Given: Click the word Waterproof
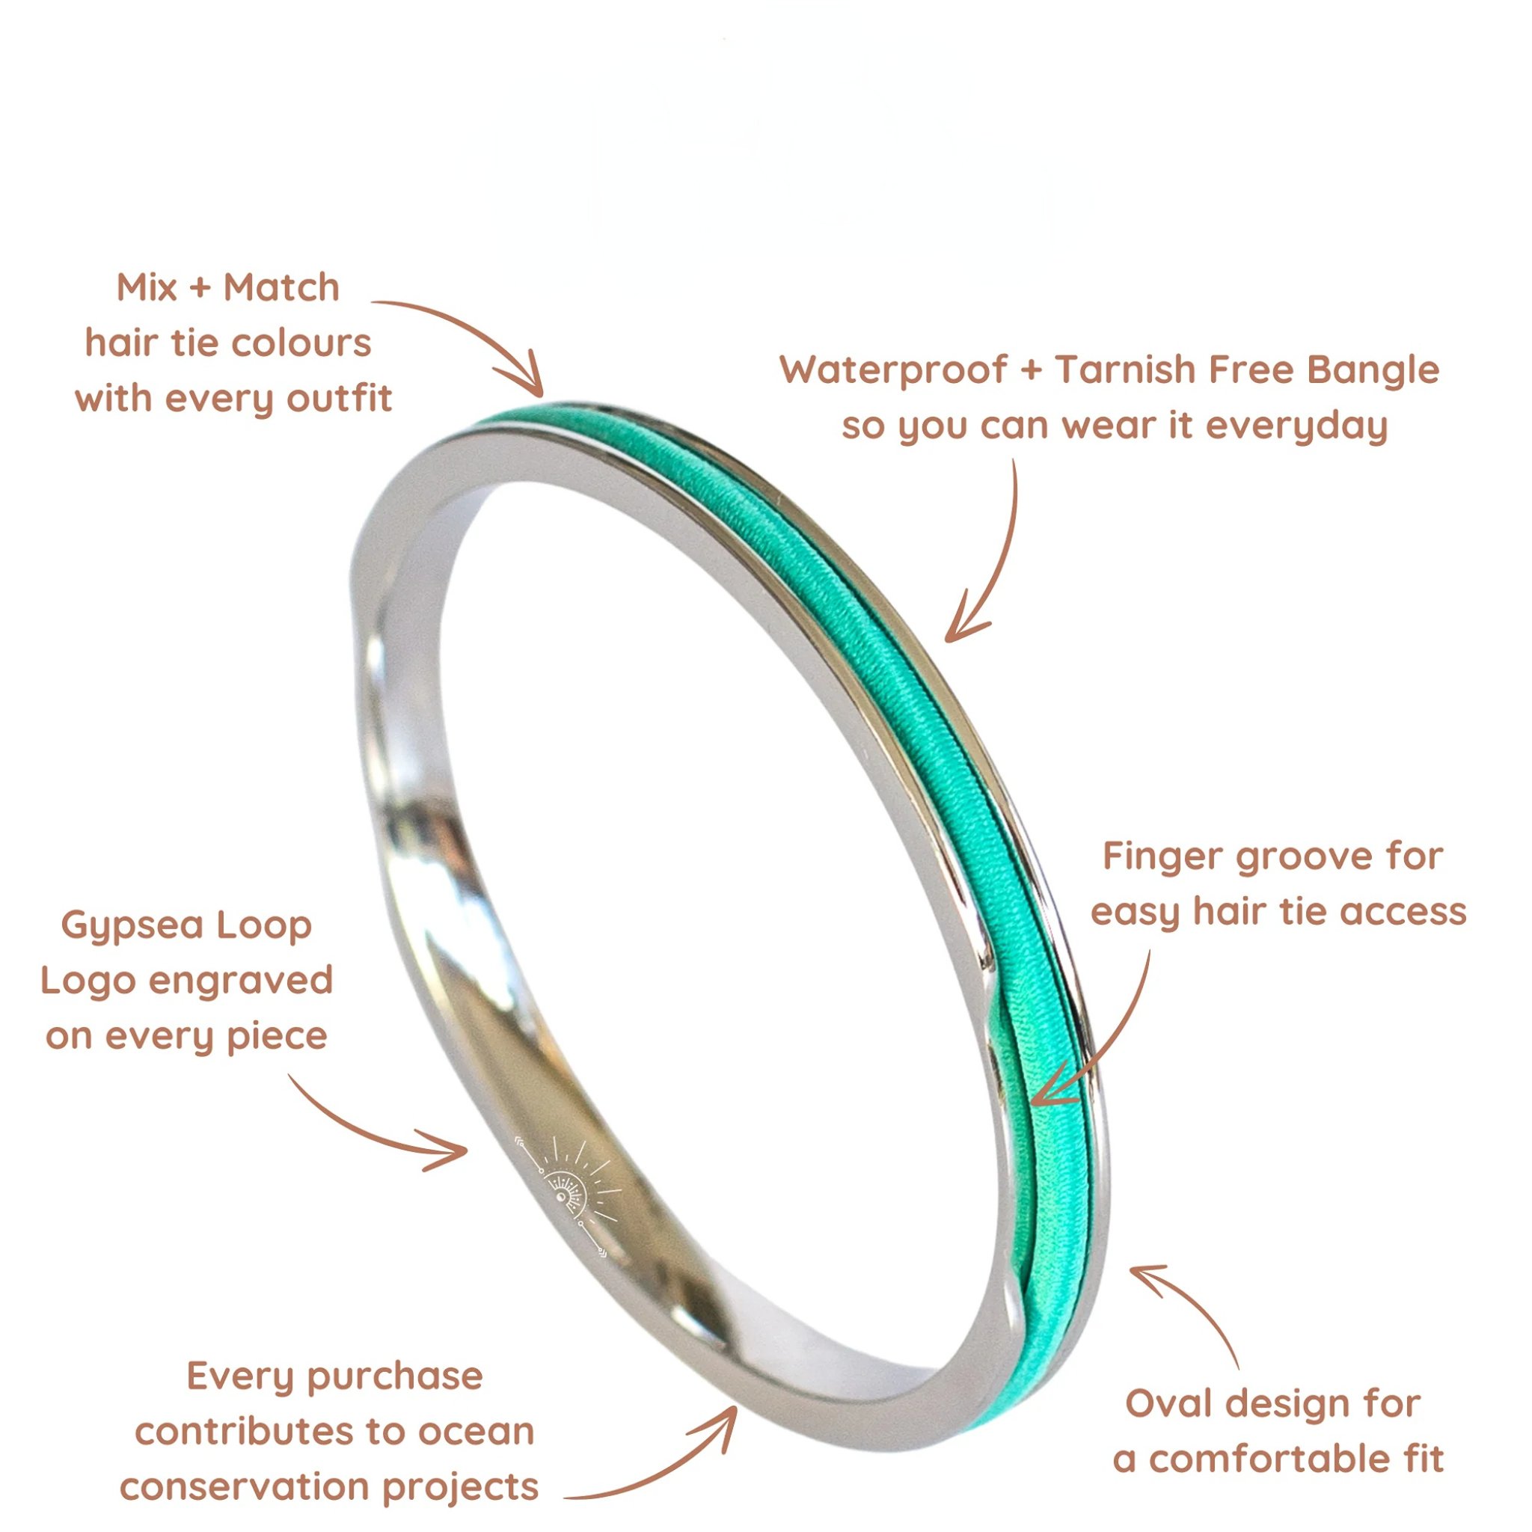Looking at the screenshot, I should click(894, 371).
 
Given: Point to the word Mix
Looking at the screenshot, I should click(146, 287).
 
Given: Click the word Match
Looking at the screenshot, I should click(281, 287).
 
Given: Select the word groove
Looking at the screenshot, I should click(1322, 857).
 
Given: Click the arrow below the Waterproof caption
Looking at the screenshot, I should click(991, 555).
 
